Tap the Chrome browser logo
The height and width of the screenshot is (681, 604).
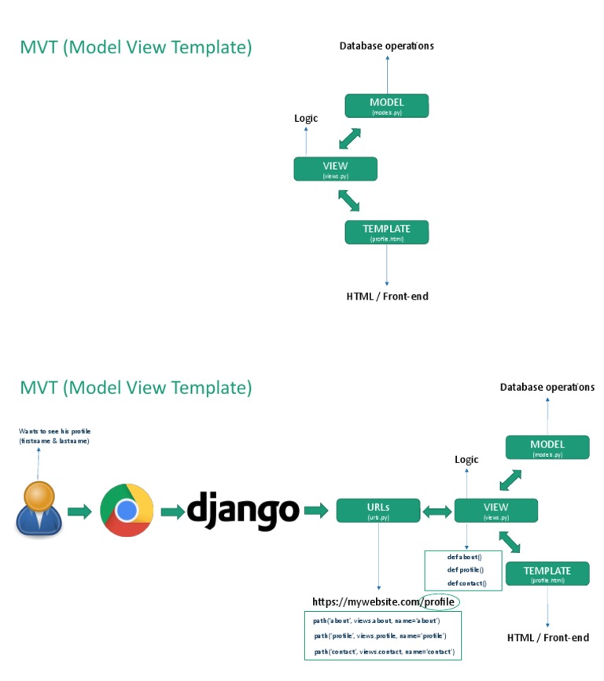(127, 511)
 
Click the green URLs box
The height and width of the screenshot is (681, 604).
(377, 510)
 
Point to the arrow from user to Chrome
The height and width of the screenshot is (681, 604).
(79, 512)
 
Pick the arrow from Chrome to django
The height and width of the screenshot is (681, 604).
(172, 512)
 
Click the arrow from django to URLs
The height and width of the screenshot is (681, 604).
(315, 511)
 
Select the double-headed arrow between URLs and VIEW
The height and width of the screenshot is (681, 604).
(437, 511)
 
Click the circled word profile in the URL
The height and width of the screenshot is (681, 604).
(439, 602)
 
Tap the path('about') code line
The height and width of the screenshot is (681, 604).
(376, 620)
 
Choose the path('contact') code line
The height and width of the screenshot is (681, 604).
(384, 652)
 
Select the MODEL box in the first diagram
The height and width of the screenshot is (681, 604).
(386, 106)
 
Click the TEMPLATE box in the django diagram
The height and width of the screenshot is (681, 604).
(547, 573)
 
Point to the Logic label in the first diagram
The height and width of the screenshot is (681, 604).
(306, 118)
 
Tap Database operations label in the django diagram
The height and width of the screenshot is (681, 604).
(547, 387)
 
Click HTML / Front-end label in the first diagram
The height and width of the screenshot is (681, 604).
(387, 296)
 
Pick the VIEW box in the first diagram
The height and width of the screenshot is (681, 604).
(335, 169)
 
